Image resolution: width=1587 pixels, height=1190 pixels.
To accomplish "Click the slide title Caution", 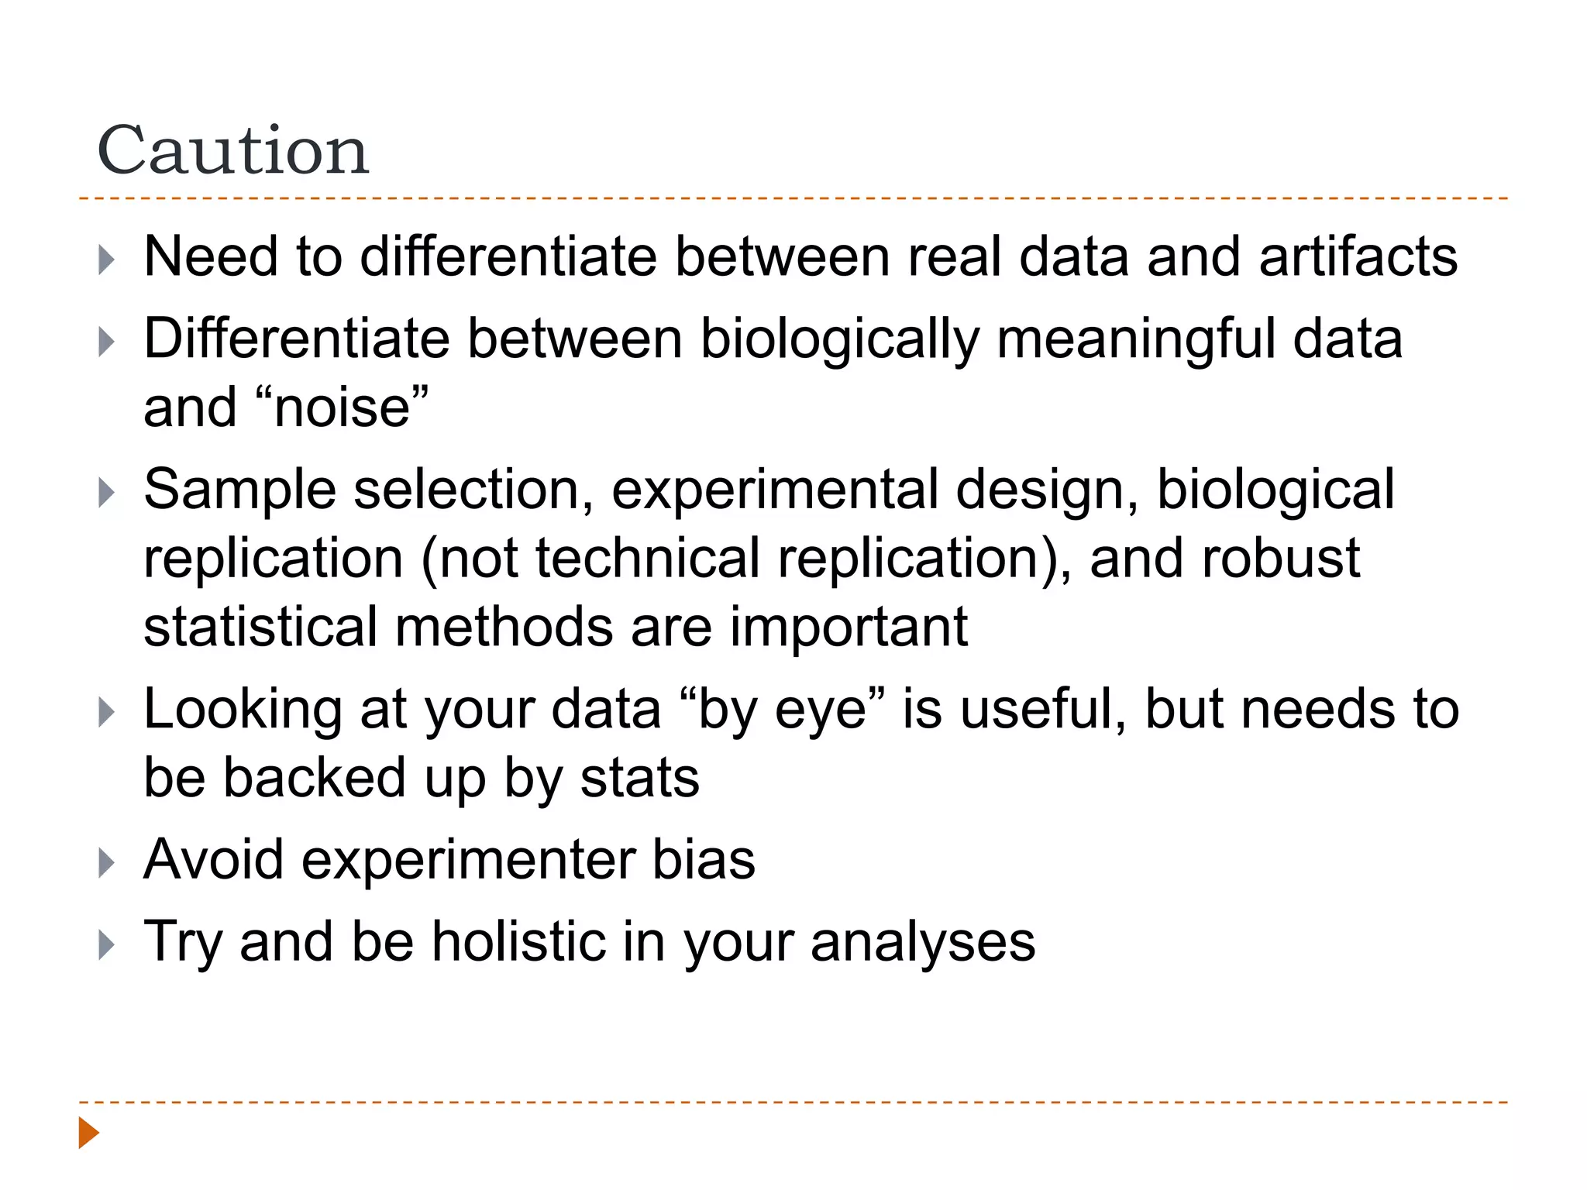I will [x=233, y=150].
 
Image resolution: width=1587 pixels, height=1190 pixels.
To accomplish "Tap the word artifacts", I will [x=1358, y=256].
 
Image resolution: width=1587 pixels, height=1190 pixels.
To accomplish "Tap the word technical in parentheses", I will [x=648, y=559].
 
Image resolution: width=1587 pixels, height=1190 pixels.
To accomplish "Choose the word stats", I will [x=640, y=778].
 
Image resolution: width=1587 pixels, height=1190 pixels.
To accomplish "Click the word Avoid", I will [x=214, y=860].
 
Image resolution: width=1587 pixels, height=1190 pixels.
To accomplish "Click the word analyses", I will [x=923, y=944].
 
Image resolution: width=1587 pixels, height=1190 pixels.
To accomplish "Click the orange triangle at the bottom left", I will [x=89, y=1133].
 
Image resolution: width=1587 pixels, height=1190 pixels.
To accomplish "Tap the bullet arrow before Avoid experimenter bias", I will [x=107, y=862].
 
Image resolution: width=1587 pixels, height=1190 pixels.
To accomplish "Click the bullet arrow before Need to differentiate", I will [x=107, y=260].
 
